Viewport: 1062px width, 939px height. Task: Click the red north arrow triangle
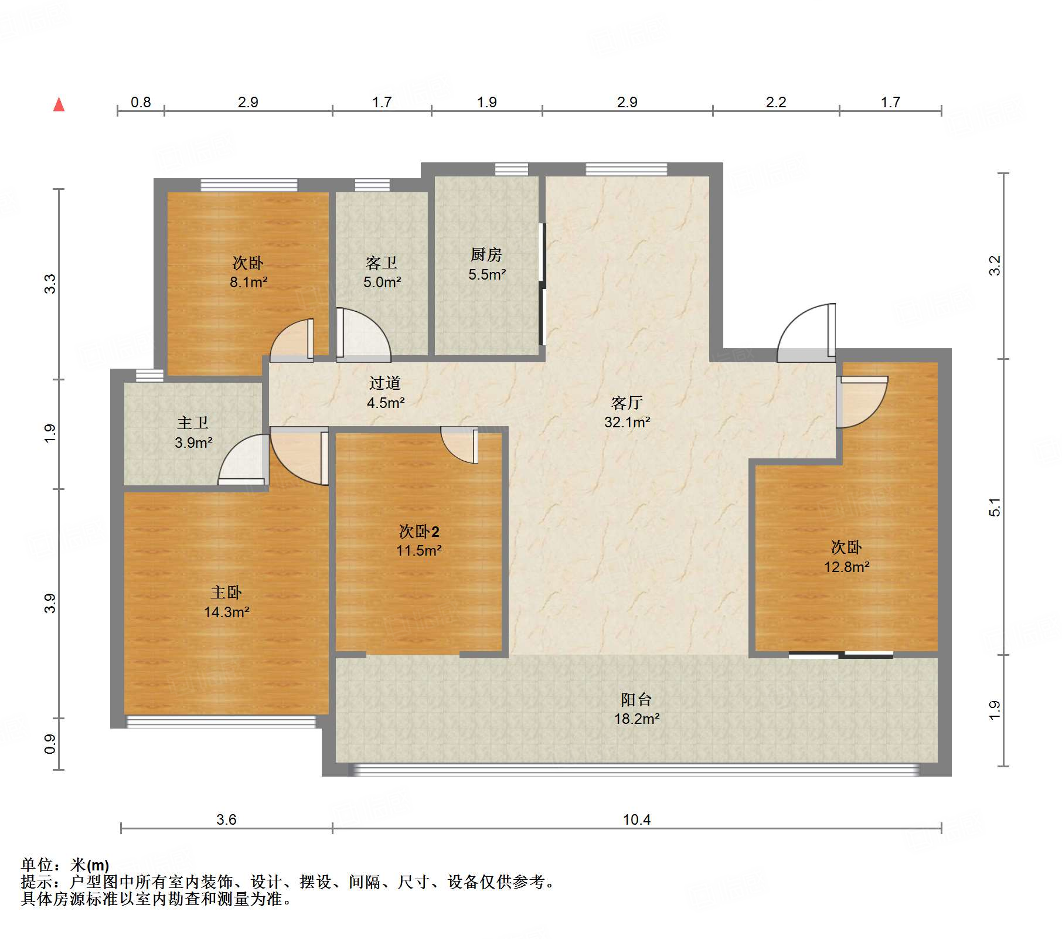pos(59,104)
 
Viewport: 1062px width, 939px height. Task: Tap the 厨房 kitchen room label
pos(486,255)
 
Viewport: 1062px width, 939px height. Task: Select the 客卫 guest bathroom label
pos(382,263)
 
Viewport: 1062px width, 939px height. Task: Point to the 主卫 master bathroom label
pos(193,423)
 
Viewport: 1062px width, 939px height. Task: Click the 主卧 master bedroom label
pos(226,592)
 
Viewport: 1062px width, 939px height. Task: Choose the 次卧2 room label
pos(419,531)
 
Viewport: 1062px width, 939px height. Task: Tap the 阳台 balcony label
pos(636,699)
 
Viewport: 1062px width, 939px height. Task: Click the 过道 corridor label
pos(385,383)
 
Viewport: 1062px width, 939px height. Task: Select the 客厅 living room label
pos(627,403)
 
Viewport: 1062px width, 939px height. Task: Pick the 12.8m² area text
pos(847,567)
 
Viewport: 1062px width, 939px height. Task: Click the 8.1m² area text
pos(249,282)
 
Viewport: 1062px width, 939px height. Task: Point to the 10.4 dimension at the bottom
pos(636,819)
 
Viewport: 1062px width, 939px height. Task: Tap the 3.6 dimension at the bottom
pos(226,819)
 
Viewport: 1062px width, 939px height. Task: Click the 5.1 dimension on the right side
pos(995,507)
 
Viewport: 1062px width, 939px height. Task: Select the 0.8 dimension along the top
pos(141,102)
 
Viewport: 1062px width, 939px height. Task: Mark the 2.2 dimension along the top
pos(776,102)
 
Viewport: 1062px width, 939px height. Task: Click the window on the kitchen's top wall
pos(512,169)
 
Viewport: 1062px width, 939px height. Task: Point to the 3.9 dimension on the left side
pos(50,603)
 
